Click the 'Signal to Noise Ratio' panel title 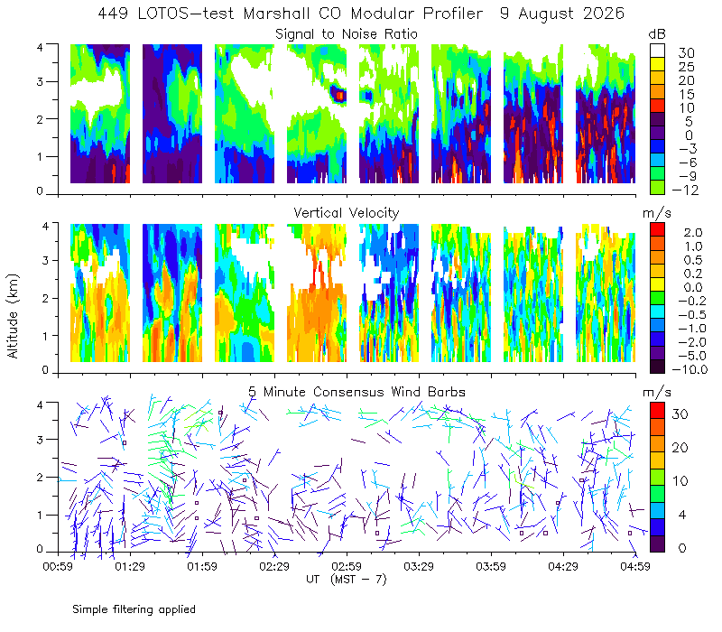347,34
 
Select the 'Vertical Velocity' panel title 347,213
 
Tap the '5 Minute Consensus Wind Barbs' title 356,392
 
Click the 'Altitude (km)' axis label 13,316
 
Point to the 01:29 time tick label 130,566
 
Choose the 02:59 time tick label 347,566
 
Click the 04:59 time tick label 635,566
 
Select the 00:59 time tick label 58,566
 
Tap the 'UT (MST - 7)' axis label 347,579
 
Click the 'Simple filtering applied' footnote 134,609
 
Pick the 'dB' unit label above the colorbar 657,34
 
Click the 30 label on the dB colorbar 686,53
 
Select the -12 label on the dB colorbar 685,190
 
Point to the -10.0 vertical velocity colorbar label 690,369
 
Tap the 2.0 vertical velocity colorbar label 693,233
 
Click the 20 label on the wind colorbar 680,447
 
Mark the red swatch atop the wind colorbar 657,411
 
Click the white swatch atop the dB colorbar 657,51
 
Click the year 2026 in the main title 604,14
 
